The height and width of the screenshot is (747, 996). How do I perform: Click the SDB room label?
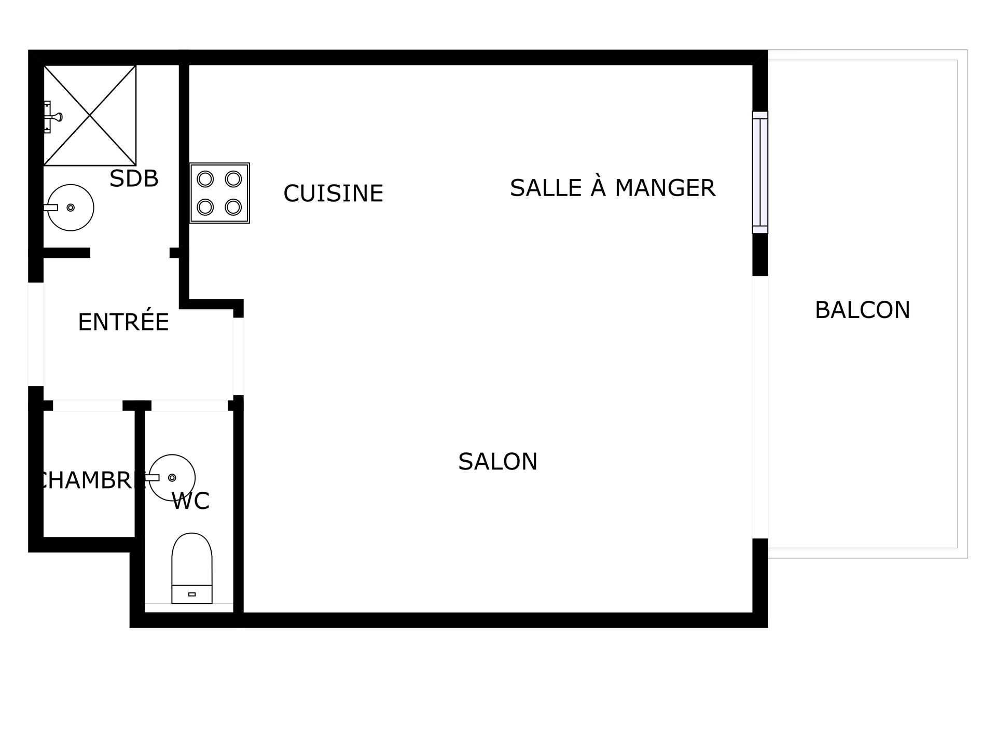pos(134,178)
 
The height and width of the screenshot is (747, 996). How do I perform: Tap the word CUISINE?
pos(333,193)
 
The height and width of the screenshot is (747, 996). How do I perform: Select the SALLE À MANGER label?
pos(613,188)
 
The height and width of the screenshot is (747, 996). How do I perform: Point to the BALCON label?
pos(862,310)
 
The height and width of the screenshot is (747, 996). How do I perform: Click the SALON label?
pos(497,462)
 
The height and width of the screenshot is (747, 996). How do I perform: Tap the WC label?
pos(190,501)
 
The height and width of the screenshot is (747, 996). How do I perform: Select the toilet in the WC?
pos(192,568)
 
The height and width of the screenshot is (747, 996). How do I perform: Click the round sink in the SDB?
pos(71,208)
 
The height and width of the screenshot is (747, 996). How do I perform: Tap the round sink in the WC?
pos(172,478)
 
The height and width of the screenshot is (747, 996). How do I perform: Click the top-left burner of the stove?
pos(205,179)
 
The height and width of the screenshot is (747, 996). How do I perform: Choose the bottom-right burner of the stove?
pos(233,207)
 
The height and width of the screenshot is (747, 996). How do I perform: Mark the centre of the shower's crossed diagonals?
pos(90,115)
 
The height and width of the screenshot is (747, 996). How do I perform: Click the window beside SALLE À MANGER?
pos(760,172)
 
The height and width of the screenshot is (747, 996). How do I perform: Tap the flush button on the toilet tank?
pos(192,594)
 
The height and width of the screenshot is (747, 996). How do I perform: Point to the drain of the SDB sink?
pos(71,208)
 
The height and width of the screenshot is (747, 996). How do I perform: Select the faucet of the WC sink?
pos(152,478)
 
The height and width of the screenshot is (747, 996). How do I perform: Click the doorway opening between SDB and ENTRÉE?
pos(130,253)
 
